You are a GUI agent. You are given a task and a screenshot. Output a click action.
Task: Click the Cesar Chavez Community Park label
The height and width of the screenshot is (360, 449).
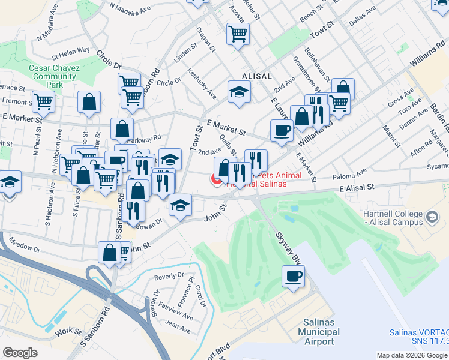(x=55, y=76)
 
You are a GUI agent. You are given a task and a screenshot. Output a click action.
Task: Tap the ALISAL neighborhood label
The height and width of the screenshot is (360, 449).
(x=258, y=76)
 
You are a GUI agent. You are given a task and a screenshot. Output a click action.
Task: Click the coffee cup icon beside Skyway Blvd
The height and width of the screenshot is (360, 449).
(x=293, y=277)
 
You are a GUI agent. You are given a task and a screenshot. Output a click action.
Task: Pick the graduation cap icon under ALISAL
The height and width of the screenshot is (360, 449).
(x=239, y=92)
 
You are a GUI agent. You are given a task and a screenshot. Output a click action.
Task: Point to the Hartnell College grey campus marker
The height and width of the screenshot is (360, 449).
(x=431, y=221)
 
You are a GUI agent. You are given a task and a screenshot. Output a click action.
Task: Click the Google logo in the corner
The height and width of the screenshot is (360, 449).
(x=20, y=353)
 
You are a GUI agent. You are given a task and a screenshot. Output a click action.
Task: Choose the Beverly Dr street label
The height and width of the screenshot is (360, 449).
(x=169, y=276)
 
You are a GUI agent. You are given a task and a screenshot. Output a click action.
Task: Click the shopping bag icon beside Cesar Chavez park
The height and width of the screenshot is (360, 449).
(x=89, y=103)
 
